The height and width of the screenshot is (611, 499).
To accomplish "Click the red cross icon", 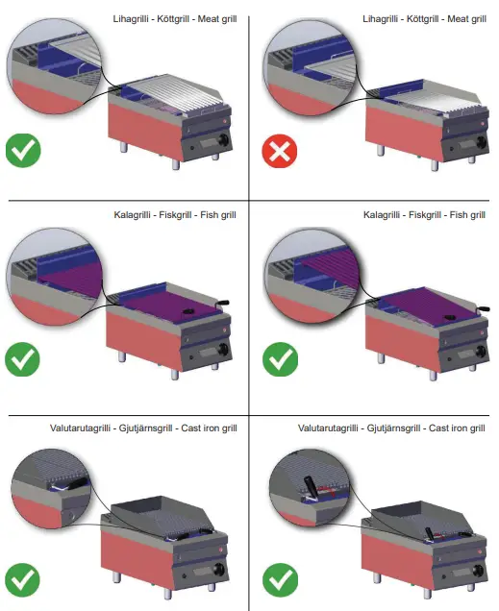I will [x=280, y=153].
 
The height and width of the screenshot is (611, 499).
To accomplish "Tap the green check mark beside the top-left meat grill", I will [x=22, y=153].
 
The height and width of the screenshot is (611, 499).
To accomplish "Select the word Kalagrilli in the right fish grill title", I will [x=387, y=215].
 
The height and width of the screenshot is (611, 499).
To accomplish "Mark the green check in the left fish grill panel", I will [x=22, y=360].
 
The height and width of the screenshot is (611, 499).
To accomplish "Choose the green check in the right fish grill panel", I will [x=280, y=360].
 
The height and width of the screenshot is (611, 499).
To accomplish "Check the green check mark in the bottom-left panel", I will [x=22, y=579].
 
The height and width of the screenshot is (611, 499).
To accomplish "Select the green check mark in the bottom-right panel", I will [x=280, y=579].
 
